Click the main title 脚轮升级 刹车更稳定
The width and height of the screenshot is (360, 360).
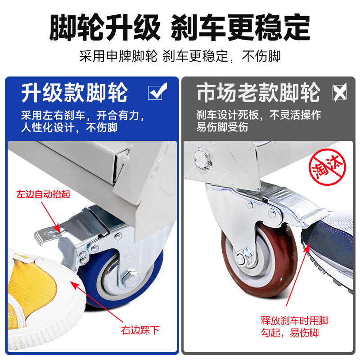[x=180, y=27]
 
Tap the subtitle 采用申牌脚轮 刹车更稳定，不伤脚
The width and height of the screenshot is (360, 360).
[x=180, y=56]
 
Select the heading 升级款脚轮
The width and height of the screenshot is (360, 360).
[x=74, y=93]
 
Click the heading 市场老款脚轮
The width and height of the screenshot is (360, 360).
[x=258, y=92]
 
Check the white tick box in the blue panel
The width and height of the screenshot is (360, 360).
[x=157, y=91]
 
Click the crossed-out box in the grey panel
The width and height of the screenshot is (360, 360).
[x=340, y=92]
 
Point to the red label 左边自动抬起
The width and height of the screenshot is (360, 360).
[x=43, y=194]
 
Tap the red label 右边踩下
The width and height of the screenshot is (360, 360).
[x=140, y=330]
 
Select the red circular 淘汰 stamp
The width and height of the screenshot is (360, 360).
[x=327, y=167]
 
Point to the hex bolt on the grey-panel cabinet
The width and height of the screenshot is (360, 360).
[x=202, y=158]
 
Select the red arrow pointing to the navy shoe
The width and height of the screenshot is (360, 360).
[x=298, y=275]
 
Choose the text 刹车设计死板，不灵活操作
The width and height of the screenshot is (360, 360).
[x=258, y=115]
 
